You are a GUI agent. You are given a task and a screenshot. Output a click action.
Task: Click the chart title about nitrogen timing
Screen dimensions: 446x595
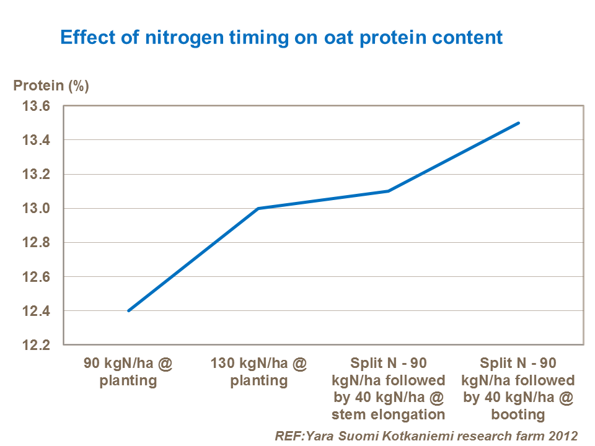(x=281, y=37)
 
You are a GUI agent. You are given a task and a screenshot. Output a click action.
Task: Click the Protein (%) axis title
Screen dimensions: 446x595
(x=51, y=85)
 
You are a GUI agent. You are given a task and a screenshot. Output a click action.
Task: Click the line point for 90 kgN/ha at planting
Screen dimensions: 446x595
(x=128, y=310)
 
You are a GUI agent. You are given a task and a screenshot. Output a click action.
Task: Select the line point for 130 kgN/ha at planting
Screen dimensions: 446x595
(x=258, y=208)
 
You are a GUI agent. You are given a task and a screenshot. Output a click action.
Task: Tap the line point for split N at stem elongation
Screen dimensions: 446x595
(x=389, y=191)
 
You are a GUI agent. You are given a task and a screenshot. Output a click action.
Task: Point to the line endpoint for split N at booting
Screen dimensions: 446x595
(x=519, y=123)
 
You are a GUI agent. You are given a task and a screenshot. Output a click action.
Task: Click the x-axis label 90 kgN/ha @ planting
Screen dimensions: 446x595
(x=128, y=372)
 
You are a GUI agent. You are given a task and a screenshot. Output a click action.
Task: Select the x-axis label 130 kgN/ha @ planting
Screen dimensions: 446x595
(x=258, y=372)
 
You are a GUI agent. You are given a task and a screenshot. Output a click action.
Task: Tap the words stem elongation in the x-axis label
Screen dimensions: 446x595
(x=389, y=414)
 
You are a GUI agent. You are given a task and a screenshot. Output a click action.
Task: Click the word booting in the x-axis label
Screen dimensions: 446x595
(x=518, y=414)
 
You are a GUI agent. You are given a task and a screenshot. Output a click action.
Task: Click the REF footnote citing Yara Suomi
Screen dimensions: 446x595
(x=426, y=435)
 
